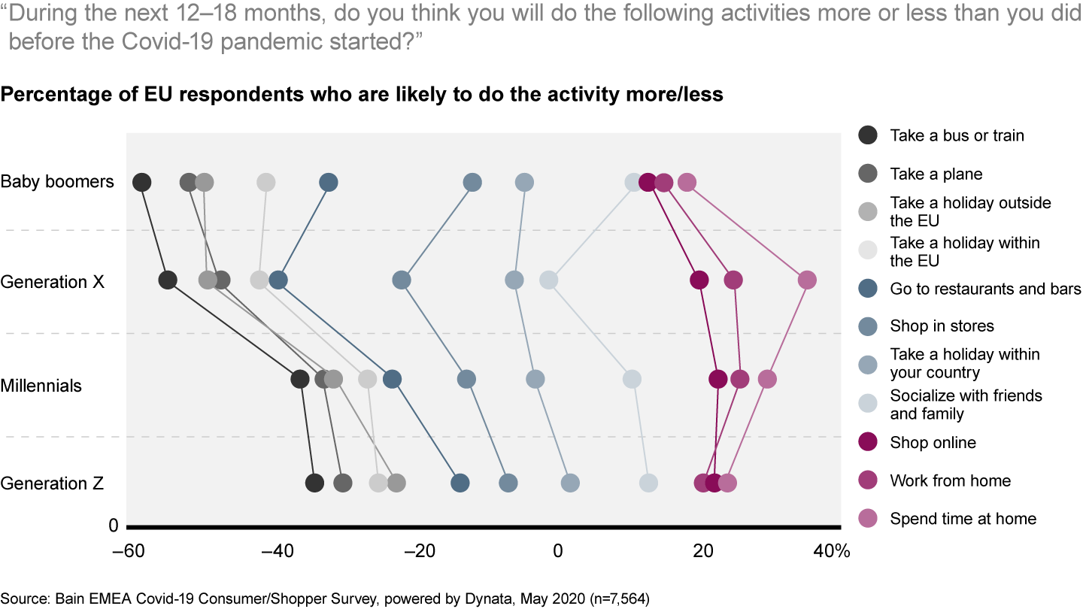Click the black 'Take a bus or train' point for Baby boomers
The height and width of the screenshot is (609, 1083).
(x=141, y=183)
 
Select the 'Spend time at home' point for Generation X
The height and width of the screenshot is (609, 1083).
(x=807, y=280)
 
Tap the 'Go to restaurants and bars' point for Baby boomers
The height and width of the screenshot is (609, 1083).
(x=329, y=183)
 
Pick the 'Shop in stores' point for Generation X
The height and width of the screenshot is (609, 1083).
(x=402, y=280)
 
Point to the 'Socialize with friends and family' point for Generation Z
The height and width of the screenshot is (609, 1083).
(x=648, y=483)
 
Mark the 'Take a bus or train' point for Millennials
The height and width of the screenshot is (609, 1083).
(x=300, y=380)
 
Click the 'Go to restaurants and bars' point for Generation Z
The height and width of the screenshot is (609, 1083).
(x=460, y=483)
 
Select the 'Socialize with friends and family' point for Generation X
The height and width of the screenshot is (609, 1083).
(x=549, y=280)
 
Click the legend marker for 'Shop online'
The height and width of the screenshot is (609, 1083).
(x=868, y=443)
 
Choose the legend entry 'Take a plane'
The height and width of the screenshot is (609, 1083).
(x=936, y=174)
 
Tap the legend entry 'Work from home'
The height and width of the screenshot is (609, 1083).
(x=950, y=481)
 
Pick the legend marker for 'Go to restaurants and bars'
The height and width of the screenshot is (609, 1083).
(x=868, y=289)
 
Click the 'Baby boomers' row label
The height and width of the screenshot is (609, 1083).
(x=57, y=182)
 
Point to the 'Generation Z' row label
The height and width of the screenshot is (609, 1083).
(x=52, y=483)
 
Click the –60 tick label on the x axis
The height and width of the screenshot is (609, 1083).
(x=129, y=552)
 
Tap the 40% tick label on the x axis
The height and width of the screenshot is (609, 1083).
(x=831, y=552)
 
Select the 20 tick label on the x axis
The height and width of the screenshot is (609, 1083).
(x=703, y=552)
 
